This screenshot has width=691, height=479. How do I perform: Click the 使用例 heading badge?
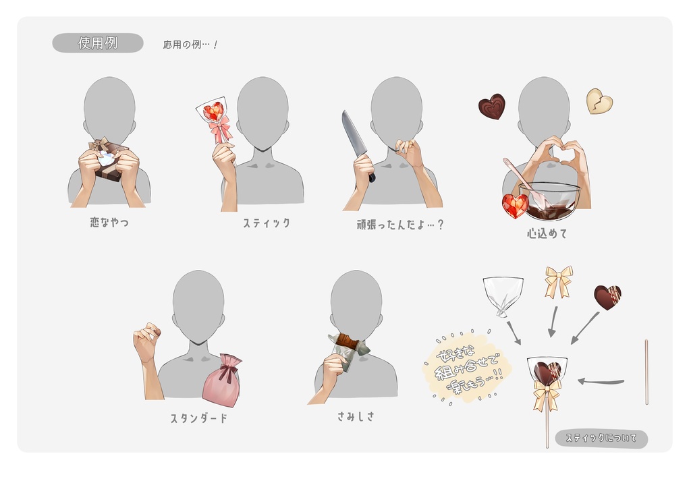tap(98, 43)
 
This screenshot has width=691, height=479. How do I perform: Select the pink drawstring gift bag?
tap(223, 381)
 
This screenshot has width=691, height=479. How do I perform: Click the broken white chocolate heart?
tap(599, 101)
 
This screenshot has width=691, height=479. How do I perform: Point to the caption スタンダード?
tap(198, 418)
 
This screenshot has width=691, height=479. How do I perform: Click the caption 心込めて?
tap(547, 234)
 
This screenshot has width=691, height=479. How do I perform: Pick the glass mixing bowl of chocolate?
tap(551, 201)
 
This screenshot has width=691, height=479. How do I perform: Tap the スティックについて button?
tap(601, 439)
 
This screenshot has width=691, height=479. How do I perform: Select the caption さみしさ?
tap(356, 416)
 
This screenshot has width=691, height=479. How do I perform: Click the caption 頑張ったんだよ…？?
tap(400, 225)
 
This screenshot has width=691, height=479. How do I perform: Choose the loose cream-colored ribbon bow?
tap(559, 281)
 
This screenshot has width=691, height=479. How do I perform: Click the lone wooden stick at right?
tap(646, 372)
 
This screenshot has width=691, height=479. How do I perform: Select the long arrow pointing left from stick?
tap(601, 382)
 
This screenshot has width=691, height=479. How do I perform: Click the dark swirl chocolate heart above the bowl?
tap(492, 107)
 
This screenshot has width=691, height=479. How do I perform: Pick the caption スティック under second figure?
tap(266, 223)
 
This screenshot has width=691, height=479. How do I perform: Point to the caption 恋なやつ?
tap(109, 222)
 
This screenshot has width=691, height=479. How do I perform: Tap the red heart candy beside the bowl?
tap(515, 205)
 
